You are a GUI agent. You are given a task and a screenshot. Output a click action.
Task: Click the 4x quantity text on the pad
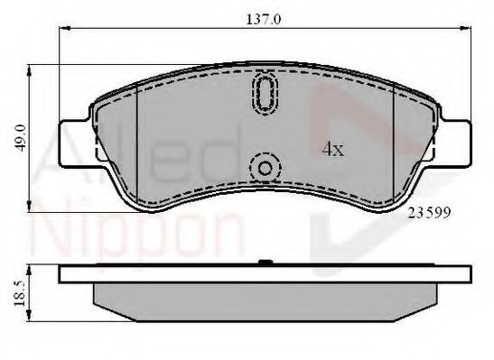(x=333, y=150)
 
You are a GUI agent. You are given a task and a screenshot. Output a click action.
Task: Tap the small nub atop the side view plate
(x=266, y=263)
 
